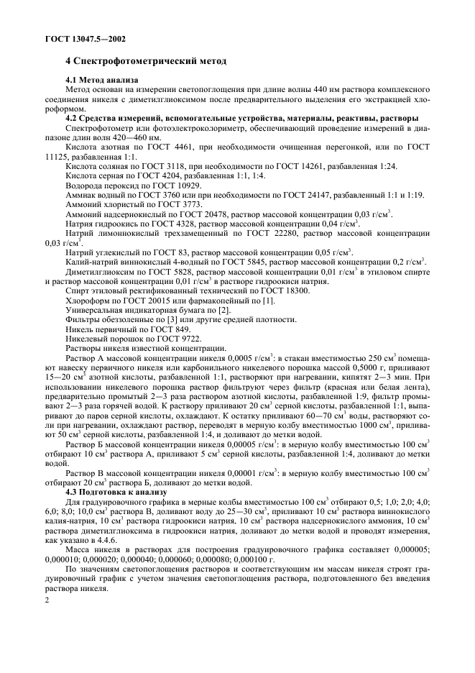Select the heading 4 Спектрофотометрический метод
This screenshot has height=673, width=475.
136,63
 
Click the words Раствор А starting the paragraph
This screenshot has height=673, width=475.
86,358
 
